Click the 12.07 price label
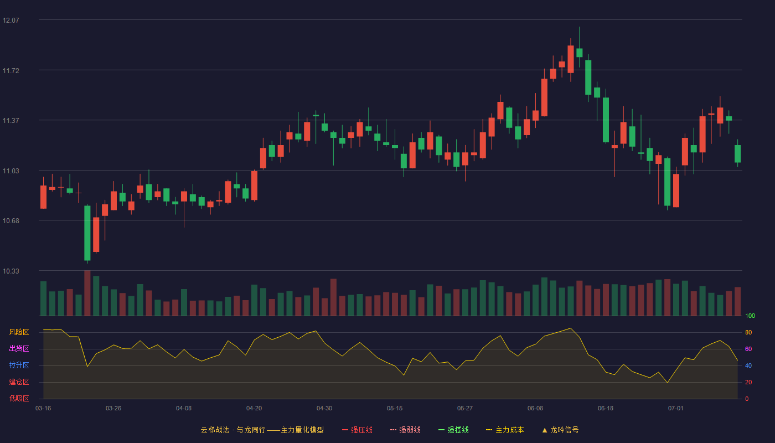point(11,20)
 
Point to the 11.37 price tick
point(11,121)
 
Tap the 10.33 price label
point(11,271)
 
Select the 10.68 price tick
point(11,221)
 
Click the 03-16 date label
point(43,409)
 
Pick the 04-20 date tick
point(254,409)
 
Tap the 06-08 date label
point(535,409)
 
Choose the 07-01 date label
point(676,409)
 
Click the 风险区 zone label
point(19,332)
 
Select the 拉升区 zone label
point(19,365)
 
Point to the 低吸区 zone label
point(19,399)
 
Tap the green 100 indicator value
point(750,316)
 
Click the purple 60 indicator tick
point(748,349)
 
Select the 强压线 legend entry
point(357,430)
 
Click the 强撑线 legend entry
point(453,430)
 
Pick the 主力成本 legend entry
point(505,430)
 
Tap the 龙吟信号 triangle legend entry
point(560,430)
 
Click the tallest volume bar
point(87,293)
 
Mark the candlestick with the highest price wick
point(580,47)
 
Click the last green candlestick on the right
point(737,153)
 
